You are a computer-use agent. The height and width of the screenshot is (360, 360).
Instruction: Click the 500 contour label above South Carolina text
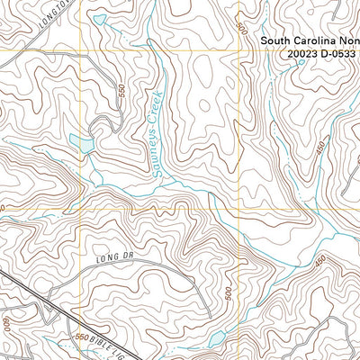(x=241, y=27)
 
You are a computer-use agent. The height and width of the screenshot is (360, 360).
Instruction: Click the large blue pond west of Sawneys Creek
(x=82, y=144)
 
